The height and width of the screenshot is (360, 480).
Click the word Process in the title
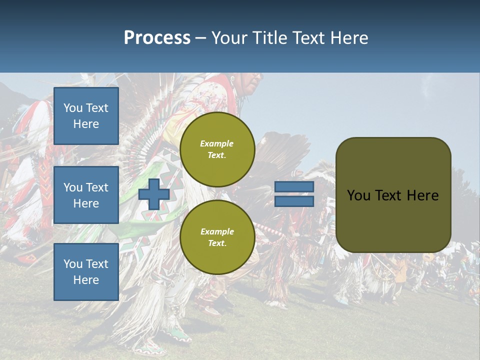157,38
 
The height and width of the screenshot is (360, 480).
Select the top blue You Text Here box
86,116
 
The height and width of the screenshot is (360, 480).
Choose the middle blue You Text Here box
86,195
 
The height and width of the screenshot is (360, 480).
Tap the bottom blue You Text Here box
86,272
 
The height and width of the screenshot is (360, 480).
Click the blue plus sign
153,194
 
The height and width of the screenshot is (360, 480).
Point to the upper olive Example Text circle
217,149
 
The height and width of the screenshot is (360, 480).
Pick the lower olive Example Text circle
217,237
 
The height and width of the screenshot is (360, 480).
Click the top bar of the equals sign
294,187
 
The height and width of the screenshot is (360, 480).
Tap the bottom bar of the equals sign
294,201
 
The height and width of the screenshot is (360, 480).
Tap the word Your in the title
228,38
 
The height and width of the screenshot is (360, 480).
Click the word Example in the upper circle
217,143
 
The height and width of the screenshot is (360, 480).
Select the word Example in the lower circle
217,231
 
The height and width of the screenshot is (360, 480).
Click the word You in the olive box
358,195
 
